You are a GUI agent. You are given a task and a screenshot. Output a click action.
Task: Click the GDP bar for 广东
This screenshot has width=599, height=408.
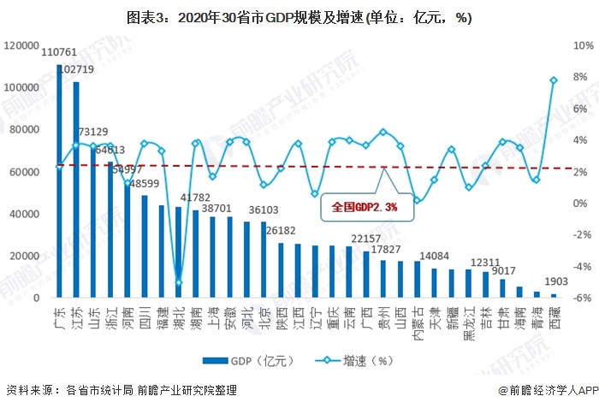[x=59, y=181]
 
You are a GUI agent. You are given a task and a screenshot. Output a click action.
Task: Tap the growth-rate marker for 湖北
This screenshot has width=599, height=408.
[x=179, y=282]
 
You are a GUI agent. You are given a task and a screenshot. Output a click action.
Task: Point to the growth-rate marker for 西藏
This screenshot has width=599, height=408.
[x=554, y=80]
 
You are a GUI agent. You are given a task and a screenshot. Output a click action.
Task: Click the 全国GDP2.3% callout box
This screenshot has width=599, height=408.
[x=365, y=207]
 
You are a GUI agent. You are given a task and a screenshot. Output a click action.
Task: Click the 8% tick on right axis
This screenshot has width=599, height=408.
[x=579, y=76]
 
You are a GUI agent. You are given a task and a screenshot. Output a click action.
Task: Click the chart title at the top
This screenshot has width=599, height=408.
[x=299, y=17]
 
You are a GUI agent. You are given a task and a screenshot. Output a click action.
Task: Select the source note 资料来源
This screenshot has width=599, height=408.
[x=120, y=390]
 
